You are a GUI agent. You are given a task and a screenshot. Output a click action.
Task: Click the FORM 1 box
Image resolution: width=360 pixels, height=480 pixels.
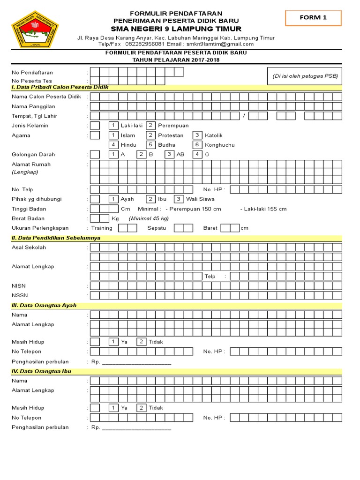(x=313, y=18)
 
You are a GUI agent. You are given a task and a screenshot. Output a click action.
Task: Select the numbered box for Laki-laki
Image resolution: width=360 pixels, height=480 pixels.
(x=113, y=126)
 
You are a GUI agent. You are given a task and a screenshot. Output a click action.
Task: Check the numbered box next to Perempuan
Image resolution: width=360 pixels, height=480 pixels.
(x=150, y=126)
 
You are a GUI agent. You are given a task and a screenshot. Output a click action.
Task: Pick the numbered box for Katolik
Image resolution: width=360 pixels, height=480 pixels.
(x=197, y=135)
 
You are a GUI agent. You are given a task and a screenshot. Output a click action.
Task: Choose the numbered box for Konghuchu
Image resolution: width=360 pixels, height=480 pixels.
(x=197, y=145)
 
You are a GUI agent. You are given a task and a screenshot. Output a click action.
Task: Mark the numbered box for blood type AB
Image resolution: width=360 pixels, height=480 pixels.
(x=169, y=154)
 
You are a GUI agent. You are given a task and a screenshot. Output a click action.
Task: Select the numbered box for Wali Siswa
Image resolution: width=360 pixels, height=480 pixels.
(x=179, y=199)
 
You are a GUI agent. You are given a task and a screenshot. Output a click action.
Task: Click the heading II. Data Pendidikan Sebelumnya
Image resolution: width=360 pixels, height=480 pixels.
(x=56, y=238)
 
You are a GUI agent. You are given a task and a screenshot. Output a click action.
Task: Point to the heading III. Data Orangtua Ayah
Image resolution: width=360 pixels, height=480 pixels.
(x=44, y=305)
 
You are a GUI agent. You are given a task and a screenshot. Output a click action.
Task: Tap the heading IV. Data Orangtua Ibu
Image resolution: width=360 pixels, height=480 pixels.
(x=41, y=371)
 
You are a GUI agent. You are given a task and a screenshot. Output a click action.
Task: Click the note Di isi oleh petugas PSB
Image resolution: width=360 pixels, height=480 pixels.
(x=305, y=76)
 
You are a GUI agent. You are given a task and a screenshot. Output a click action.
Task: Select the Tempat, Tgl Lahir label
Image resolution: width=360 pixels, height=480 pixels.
(x=34, y=116)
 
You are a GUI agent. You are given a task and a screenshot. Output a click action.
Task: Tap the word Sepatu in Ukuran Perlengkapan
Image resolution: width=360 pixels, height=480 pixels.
(x=157, y=228)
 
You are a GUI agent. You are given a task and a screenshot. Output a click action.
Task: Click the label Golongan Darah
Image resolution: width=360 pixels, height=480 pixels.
(x=33, y=154)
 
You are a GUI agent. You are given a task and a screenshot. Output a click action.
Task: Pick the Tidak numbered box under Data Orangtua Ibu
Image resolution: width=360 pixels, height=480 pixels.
(x=141, y=408)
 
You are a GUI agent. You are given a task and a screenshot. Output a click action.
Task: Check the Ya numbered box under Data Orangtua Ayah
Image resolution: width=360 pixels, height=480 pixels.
(x=113, y=342)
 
